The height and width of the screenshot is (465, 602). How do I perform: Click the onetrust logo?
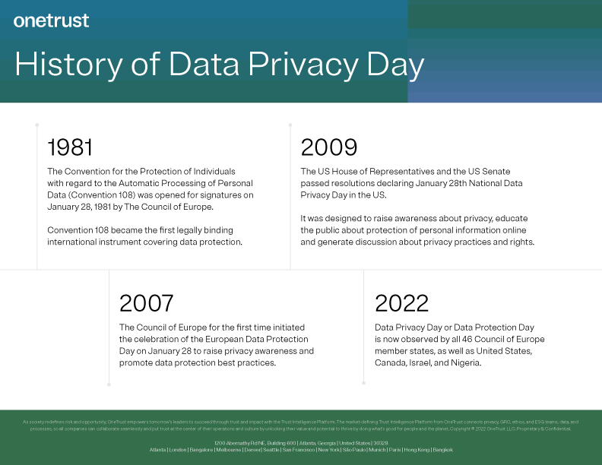[51, 21]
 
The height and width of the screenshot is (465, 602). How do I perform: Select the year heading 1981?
[70, 147]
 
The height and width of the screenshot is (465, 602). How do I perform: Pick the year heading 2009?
[329, 147]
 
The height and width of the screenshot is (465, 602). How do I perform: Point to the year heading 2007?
[147, 303]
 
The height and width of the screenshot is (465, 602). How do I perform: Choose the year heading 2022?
[403, 303]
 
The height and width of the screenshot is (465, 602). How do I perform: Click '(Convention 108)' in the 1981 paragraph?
[97, 195]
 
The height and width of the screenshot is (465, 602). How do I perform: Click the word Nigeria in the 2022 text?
[463, 362]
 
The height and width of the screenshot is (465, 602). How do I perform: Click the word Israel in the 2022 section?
[426, 362]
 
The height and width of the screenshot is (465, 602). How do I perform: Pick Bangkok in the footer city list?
[442, 450]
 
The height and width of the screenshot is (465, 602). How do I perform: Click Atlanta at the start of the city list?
[158, 450]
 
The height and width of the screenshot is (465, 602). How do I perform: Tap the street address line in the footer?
[301, 442]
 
